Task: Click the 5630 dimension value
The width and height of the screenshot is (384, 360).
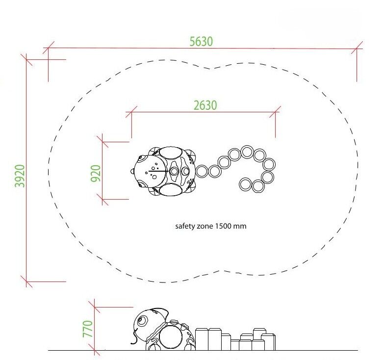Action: point(201,41)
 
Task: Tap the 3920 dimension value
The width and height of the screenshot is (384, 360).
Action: point(20,176)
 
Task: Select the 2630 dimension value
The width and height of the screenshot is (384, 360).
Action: point(205,105)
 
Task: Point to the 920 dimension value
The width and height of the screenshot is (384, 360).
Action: point(96,174)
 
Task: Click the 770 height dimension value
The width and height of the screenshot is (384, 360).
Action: point(88,329)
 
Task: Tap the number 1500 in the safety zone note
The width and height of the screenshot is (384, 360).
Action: point(223,226)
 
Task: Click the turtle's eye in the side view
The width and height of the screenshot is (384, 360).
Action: point(142,321)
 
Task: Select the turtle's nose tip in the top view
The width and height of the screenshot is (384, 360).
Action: point(131,171)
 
